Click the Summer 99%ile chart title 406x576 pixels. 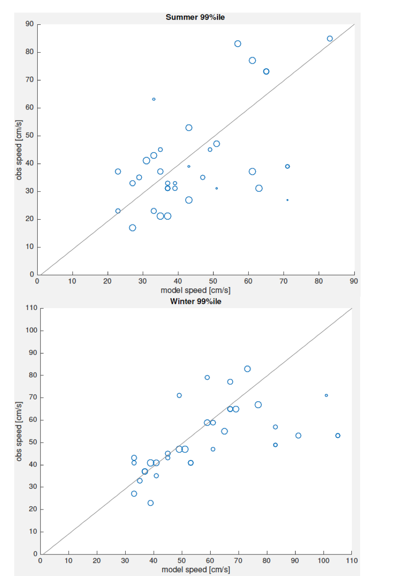click(x=195, y=17)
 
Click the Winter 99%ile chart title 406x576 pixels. click(x=195, y=301)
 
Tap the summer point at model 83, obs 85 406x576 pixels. click(x=329, y=39)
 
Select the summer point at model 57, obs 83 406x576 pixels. click(x=238, y=44)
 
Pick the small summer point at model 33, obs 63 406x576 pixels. click(x=154, y=99)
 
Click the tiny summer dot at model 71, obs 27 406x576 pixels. click(x=287, y=200)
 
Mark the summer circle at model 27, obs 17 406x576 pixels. click(x=132, y=227)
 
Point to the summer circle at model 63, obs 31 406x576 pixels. click(x=259, y=188)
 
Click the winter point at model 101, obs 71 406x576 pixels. click(x=326, y=395)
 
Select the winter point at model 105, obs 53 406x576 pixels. click(x=338, y=435)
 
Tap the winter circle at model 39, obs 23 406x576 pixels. click(x=150, y=503)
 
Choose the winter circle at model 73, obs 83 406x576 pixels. click(x=247, y=369)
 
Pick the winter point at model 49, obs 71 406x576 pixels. click(x=179, y=395)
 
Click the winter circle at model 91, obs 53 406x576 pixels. click(x=298, y=435)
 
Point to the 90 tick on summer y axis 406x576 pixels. click(x=30, y=24)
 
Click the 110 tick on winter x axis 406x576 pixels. click(x=352, y=560)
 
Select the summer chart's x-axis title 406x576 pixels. click(x=195, y=290)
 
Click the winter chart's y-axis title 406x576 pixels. click(x=19, y=431)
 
